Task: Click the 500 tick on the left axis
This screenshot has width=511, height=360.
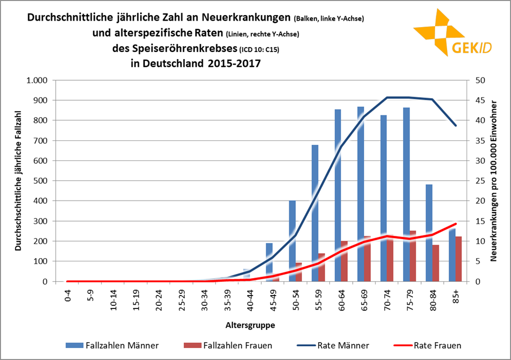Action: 41,181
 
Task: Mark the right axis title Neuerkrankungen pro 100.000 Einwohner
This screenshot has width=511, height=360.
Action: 494,181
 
